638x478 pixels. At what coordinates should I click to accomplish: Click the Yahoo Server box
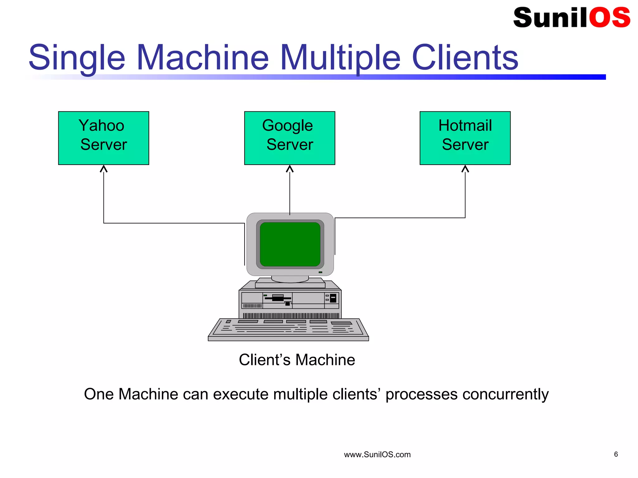(x=103, y=138)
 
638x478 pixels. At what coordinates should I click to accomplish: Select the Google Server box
(x=289, y=138)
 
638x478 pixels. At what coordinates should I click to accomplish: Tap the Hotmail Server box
(x=465, y=138)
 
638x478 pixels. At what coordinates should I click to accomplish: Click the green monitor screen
(x=290, y=244)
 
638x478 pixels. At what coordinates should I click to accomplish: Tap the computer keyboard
(x=288, y=329)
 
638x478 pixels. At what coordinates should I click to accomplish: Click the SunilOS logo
(x=571, y=17)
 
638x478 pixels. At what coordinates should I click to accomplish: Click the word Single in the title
(x=77, y=58)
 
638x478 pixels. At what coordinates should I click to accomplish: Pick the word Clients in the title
(x=465, y=58)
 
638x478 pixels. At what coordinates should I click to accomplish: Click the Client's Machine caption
(x=297, y=360)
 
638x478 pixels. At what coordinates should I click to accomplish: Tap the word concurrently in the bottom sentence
(x=505, y=394)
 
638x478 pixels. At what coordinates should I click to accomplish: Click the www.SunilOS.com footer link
(x=377, y=455)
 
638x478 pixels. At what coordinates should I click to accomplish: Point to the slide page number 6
(x=616, y=454)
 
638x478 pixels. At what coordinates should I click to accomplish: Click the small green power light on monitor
(x=320, y=272)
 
